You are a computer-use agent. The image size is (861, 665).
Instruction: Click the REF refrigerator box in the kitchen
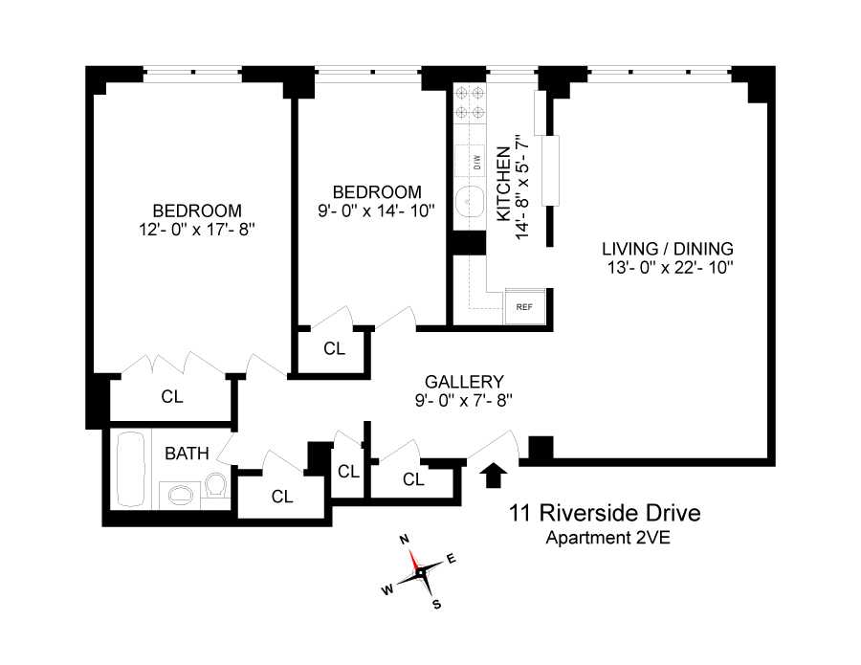point(523,307)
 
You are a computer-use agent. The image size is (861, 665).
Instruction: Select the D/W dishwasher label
point(476,163)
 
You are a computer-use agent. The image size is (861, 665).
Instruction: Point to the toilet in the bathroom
point(216,486)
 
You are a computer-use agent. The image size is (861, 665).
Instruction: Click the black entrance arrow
point(494,474)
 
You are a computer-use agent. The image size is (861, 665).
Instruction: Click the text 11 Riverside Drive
point(605,514)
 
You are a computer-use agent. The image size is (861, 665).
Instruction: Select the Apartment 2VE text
point(607,538)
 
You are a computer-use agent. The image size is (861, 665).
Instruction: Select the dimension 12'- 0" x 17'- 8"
point(196,230)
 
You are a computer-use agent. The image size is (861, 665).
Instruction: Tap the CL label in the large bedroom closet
point(172,395)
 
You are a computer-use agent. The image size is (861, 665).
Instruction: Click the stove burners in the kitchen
point(470,102)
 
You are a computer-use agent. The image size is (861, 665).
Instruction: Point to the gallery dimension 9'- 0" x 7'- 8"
point(464,400)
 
